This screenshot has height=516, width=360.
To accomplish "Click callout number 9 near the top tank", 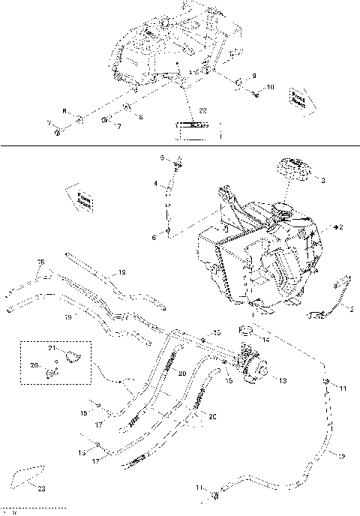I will [x=254, y=76].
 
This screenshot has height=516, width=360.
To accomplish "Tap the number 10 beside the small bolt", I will [x=270, y=88].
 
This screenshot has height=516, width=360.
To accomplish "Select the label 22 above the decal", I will [x=202, y=112].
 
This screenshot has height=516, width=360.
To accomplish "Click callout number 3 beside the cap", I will [x=322, y=181].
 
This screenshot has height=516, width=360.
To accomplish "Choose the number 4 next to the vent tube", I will [x=156, y=184].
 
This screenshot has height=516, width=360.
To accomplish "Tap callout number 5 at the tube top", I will [x=160, y=157].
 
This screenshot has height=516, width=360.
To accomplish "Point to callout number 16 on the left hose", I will [x=41, y=262].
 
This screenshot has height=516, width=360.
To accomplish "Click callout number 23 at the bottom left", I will [x=41, y=488].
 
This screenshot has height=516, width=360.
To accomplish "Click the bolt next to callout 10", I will [x=256, y=93].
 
